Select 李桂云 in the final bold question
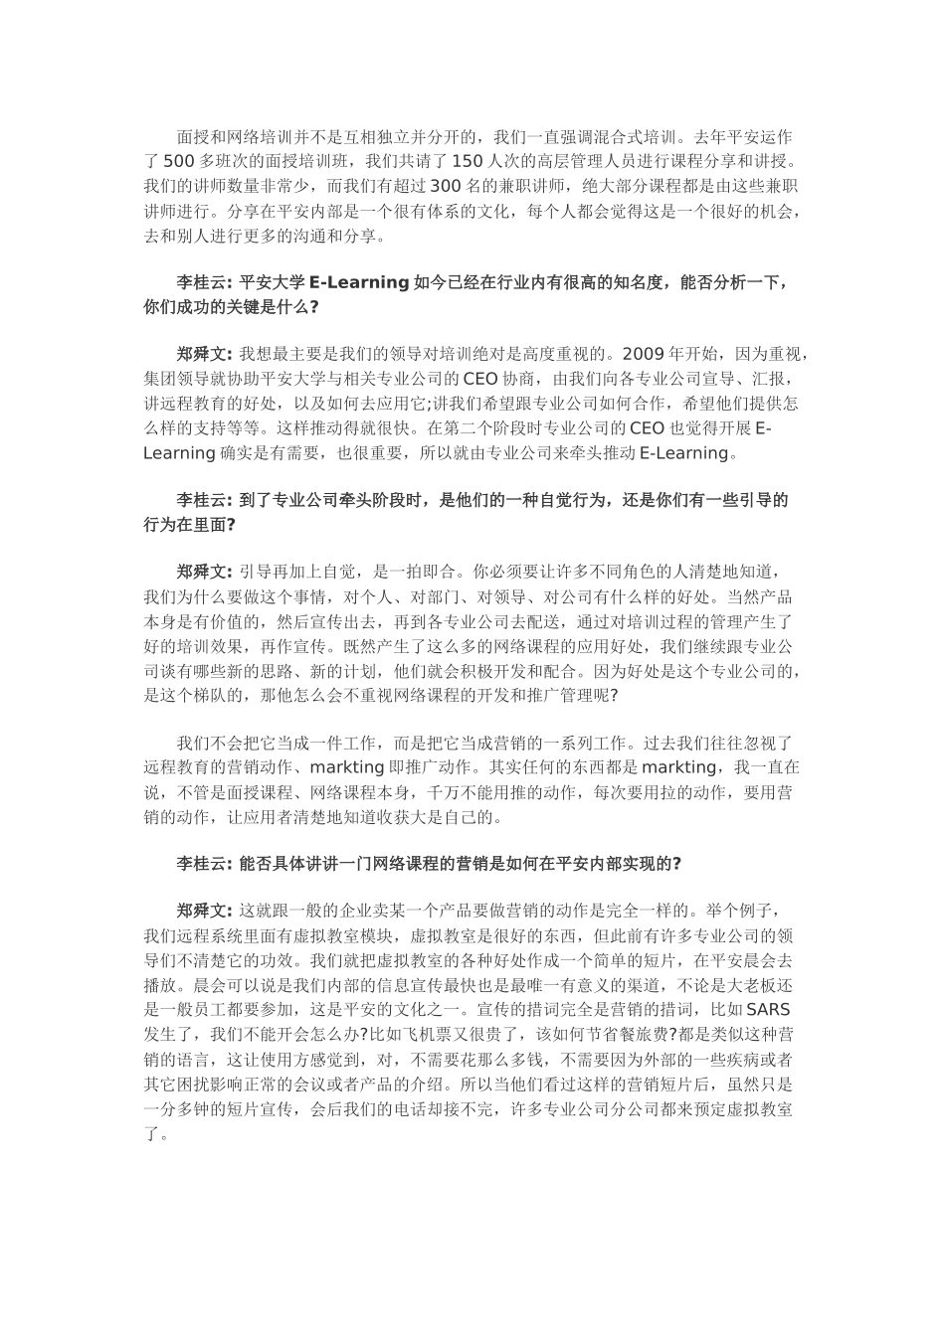[x=203, y=863]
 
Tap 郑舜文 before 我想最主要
[x=203, y=353]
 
